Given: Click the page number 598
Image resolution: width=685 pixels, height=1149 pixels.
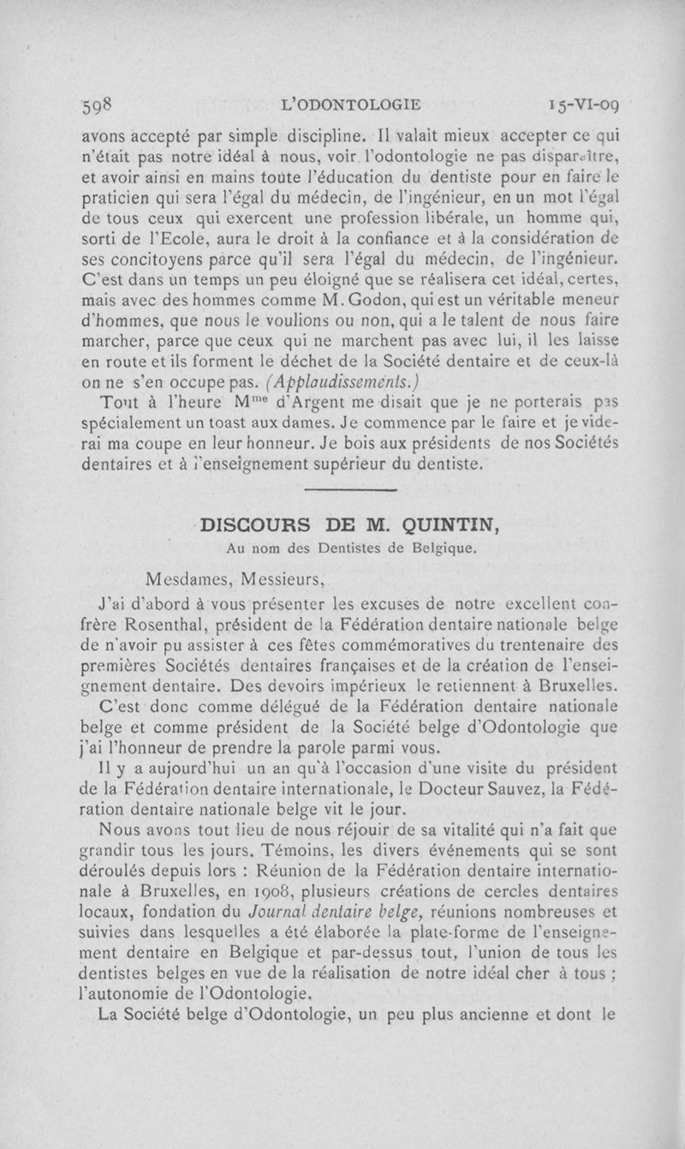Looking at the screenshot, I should [100, 106].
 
